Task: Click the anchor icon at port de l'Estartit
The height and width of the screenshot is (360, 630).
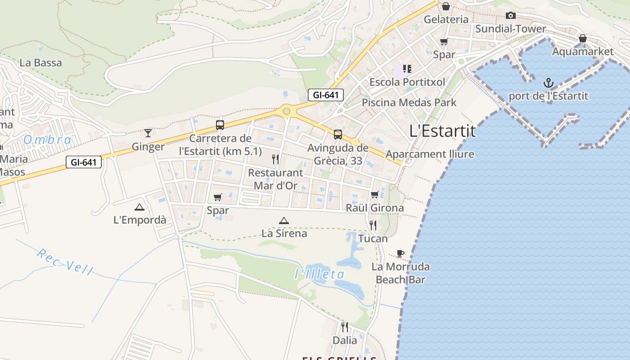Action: pyautogui.click(x=548, y=83)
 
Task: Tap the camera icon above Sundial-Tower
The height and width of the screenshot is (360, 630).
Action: pyautogui.click(x=510, y=16)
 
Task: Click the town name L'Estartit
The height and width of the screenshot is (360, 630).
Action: pyautogui.click(x=442, y=131)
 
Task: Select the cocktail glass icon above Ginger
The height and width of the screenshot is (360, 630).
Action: pyautogui.click(x=148, y=133)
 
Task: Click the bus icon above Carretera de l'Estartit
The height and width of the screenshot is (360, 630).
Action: pyautogui.click(x=220, y=125)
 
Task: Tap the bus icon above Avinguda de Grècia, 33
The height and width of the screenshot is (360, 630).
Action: pyautogui.click(x=337, y=134)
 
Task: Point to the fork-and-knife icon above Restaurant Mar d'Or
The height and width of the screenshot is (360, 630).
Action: pyautogui.click(x=275, y=159)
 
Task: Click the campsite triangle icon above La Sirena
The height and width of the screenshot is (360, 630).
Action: pyautogui.click(x=283, y=220)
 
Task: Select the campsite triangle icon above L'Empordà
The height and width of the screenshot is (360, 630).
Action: pyautogui.click(x=139, y=207)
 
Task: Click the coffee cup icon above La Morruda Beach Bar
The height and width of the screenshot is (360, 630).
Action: pyautogui.click(x=400, y=253)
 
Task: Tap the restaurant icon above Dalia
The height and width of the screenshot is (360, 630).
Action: pyautogui.click(x=345, y=327)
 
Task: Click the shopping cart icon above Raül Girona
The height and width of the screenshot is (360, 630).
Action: pyautogui.click(x=374, y=195)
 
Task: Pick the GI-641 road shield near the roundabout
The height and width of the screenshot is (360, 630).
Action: pyautogui.click(x=326, y=95)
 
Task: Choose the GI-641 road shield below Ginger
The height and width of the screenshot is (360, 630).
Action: pyautogui.click(x=84, y=162)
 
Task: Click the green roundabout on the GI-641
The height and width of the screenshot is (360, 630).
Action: pyautogui.click(x=286, y=111)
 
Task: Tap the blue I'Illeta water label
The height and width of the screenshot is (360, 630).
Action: pyautogui.click(x=319, y=274)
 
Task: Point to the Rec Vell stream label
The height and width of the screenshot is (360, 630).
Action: pyautogui.click(x=65, y=261)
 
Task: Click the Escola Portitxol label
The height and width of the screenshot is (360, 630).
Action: pyautogui.click(x=407, y=82)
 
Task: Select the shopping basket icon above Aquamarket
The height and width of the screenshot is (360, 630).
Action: pyautogui.click(x=582, y=38)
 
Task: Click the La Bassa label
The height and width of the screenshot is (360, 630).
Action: pyautogui.click(x=40, y=63)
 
